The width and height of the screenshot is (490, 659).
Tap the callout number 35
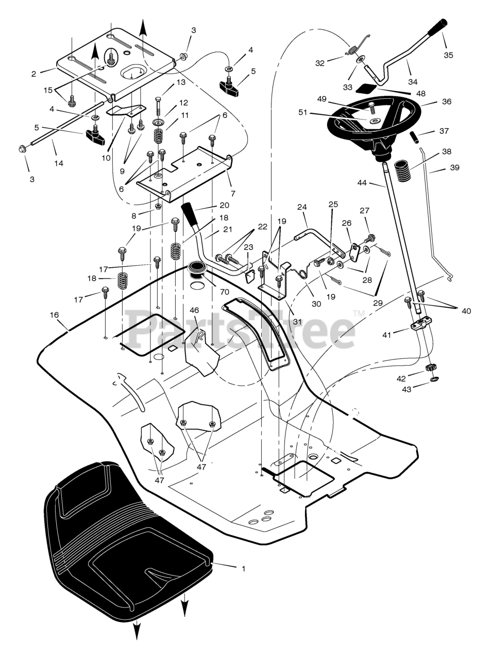pyautogui.click(x=448, y=55)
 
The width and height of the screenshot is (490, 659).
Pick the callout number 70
pyautogui.click(x=224, y=291)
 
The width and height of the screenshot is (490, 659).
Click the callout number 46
pyautogui.click(x=194, y=310)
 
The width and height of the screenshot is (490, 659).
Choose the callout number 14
pyautogui.click(x=59, y=163)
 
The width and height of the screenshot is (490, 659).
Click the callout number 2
pyautogui.click(x=34, y=74)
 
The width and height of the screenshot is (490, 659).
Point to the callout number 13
pyautogui.click(x=181, y=82)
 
